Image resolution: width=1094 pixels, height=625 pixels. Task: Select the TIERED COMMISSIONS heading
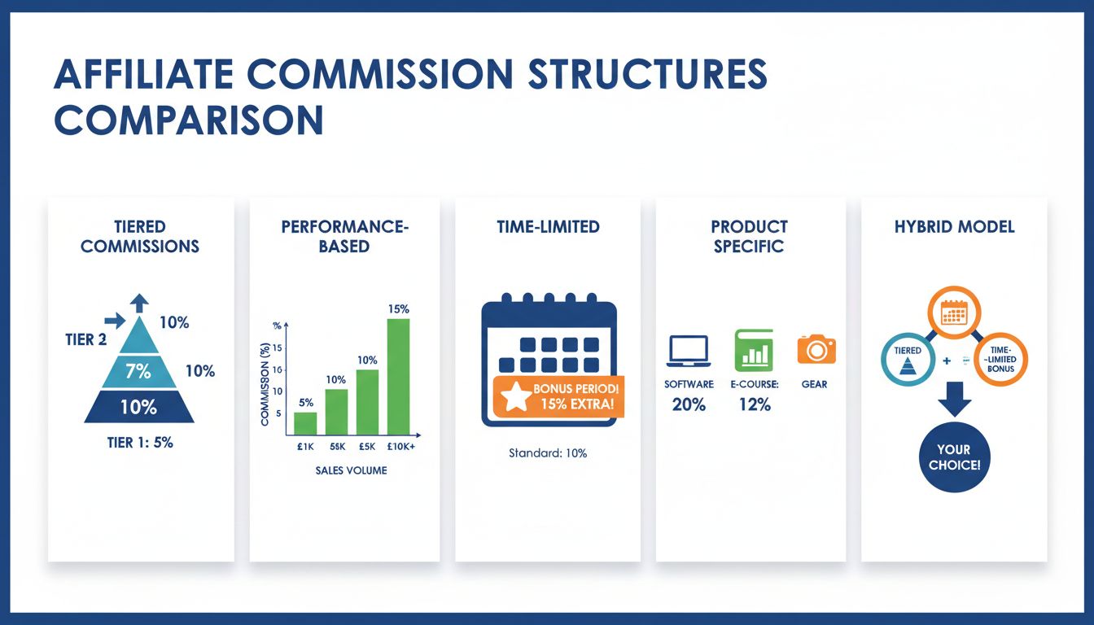click(x=139, y=236)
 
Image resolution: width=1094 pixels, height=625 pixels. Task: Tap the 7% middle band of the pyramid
click(x=138, y=371)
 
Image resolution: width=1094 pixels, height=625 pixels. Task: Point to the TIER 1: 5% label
click(x=138, y=443)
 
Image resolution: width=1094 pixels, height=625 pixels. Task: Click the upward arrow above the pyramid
click(x=139, y=303)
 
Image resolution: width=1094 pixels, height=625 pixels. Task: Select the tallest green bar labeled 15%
click(x=398, y=376)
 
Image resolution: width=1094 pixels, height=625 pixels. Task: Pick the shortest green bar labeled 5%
click(x=305, y=423)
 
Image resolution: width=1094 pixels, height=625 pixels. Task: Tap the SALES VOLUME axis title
click(x=352, y=470)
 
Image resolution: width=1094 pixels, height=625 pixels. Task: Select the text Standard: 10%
click(x=547, y=452)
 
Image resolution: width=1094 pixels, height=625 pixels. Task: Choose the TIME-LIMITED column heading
click(x=547, y=227)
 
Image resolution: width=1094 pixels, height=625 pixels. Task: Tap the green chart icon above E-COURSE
click(x=753, y=349)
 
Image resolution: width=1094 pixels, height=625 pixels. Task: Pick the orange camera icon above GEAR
click(x=816, y=349)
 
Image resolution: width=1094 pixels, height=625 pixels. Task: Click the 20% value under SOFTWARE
click(x=689, y=404)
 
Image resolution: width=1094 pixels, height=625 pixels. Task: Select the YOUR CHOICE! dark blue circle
click(x=953, y=457)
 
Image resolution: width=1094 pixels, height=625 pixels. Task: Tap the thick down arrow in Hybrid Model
click(x=953, y=401)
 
